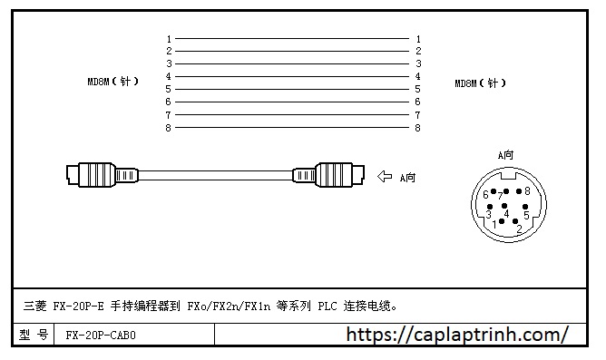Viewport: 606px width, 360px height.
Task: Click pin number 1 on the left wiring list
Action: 169,39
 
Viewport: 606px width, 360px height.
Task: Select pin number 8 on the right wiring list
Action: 417,128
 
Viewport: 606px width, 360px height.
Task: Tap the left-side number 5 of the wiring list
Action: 169,90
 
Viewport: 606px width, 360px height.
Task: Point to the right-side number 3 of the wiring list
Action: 417,64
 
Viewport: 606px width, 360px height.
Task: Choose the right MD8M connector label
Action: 480,84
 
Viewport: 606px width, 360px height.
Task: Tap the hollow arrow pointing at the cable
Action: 385,177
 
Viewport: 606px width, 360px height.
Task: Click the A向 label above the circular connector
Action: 506,155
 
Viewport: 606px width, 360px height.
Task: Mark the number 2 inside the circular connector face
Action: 518,230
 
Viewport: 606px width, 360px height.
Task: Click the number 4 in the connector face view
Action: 506,214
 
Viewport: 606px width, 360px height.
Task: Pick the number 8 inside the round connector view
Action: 527,191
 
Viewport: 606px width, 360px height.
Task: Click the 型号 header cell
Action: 34,335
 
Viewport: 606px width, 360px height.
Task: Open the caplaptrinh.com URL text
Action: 457,335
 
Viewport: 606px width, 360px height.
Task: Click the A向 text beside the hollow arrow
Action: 407,178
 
